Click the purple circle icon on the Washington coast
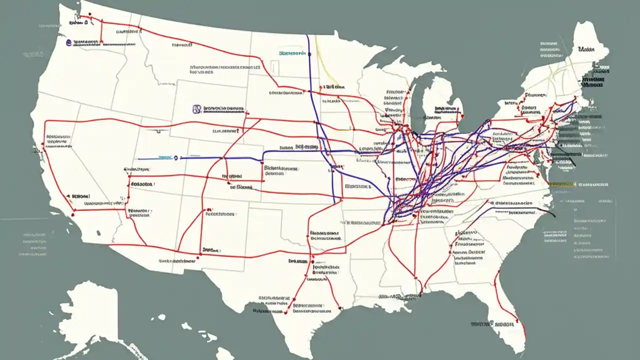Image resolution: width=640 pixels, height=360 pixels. [x=68, y=43]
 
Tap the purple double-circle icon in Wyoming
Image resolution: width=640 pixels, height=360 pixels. [x=196, y=108]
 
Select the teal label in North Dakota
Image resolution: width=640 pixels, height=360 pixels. [x=292, y=52]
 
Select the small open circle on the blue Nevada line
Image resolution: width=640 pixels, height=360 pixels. [x=176, y=158]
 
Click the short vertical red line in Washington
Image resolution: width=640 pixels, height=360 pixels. [x=101, y=32]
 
